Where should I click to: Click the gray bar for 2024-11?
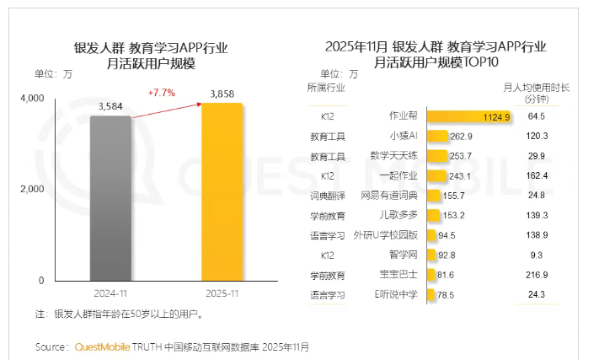110,198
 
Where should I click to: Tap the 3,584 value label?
111,106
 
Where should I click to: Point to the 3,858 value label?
221,94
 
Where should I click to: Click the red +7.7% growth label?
161,92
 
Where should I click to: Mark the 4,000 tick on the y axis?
31,99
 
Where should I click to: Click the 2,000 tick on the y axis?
31,189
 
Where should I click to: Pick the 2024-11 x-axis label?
110,292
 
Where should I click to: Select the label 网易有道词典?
389,196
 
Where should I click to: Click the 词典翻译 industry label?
327,196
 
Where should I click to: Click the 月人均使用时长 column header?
536,87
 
